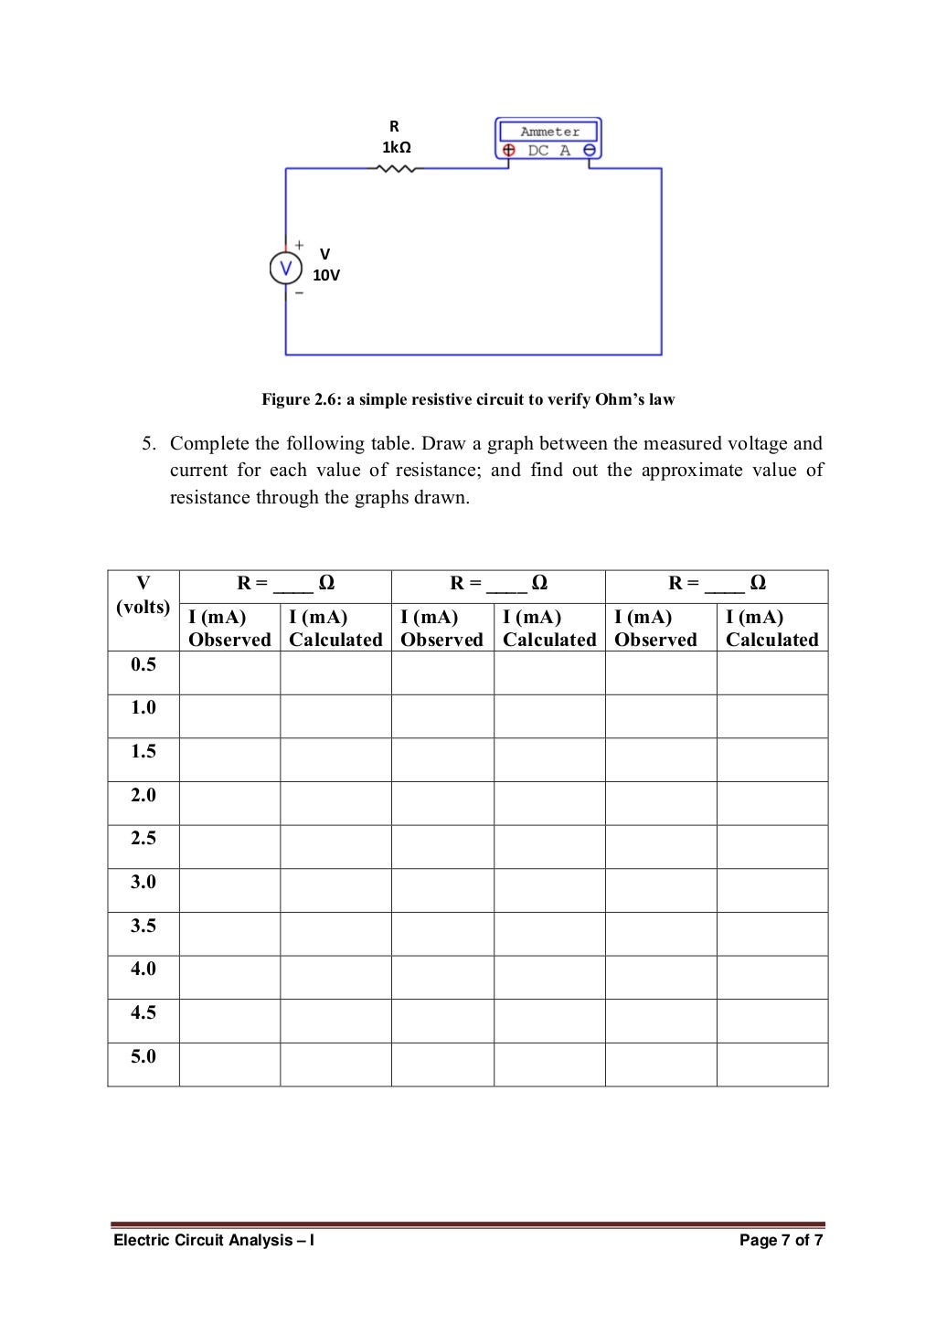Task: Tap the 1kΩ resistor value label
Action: pos(396,147)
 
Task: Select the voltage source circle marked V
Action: pos(285,269)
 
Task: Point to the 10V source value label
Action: pos(326,275)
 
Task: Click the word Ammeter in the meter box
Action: pos(549,132)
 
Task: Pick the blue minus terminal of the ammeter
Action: pos(590,151)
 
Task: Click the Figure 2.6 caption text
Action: pos(468,399)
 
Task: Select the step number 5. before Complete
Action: pos(148,444)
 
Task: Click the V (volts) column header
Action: pos(144,595)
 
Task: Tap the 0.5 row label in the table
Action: pos(144,664)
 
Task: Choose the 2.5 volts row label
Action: pos(144,838)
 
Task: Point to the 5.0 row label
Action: pos(144,1056)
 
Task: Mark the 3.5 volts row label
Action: pos(144,926)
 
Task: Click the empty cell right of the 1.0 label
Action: pos(229,716)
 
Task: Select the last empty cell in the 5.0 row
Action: pos(772,1064)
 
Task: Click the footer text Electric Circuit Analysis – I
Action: pos(214,1240)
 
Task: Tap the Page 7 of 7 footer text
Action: pos(781,1240)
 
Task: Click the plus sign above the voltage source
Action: pos(299,245)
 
